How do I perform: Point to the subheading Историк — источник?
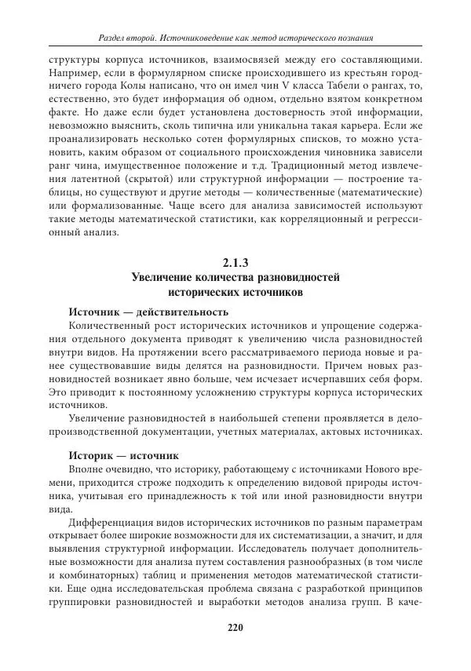coord(124,454)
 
